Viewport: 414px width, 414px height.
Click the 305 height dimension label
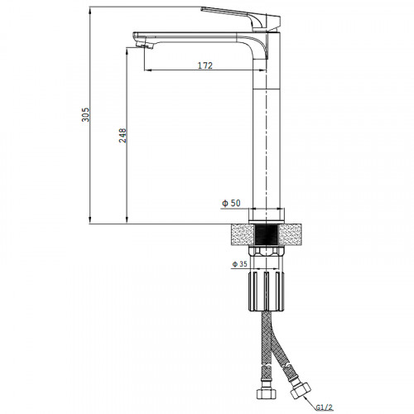coord(85,114)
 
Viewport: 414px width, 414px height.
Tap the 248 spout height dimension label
coord(123,135)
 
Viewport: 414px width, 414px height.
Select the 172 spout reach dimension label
coord(205,65)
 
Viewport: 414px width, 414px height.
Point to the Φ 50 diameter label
coord(231,203)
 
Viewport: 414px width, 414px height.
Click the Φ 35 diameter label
coord(239,264)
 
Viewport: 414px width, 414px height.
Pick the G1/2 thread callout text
coord(325,407)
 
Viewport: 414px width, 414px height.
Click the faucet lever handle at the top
coord(241,17)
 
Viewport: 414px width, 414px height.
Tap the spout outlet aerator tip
coord(145,45)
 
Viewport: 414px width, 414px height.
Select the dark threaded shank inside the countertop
coord(266,234)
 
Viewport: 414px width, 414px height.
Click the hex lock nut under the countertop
coord(266,251)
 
